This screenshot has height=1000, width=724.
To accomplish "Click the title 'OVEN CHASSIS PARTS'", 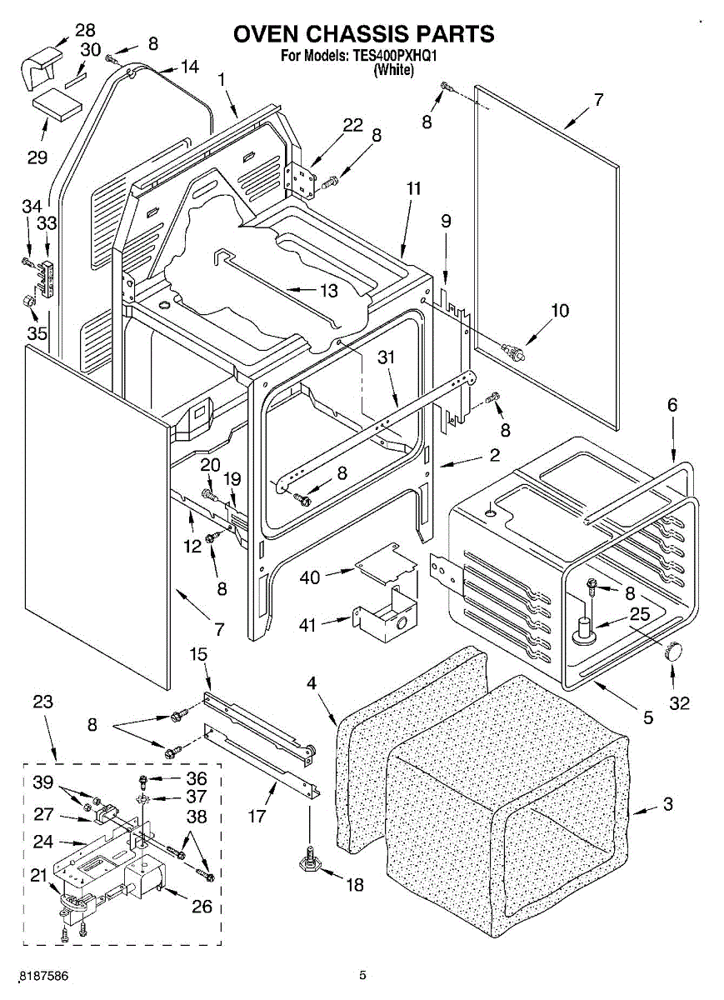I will [x=363, y=34].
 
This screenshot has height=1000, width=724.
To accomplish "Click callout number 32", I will [x=680, y=702].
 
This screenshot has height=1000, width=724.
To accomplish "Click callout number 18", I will [x=355, y=885].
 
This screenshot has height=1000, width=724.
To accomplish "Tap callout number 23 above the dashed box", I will [x=42, y=702].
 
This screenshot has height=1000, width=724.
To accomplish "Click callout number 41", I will [x=308, y=622].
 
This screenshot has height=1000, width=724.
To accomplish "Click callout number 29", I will [x=37, y=157].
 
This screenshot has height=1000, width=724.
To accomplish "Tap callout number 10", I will [x=559, y=311].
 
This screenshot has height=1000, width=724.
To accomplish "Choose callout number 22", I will [x=353, y=124].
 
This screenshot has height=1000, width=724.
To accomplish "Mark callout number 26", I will [x=202, y=907].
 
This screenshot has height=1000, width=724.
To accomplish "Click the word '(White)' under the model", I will [x=393, y=70].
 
